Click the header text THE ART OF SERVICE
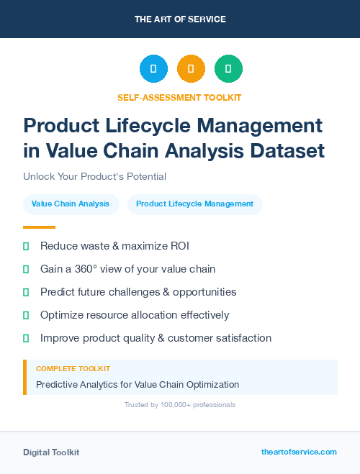click(180, 19)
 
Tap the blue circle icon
click(153, 69)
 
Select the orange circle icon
click(191, 69)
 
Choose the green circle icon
click(228, 69)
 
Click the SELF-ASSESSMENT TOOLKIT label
click(179, 97)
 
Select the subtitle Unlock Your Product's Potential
click(94, 176)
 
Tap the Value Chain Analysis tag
click(71, 204)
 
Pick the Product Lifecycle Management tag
click(194, 204)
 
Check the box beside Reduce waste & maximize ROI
click(26, 246)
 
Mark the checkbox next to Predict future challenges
click(26, 292)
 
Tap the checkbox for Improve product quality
click(26, 338)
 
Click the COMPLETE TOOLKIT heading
click(73, 369)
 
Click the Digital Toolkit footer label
click(51, 452)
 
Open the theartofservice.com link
click(299, 452)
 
